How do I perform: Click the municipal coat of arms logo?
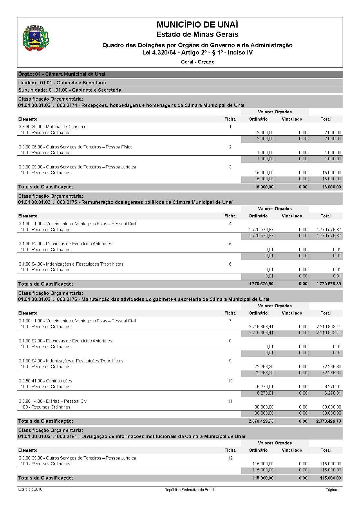[36, 39]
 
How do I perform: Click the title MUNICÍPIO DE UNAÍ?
[197, 24]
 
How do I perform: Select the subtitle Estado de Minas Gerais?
[197, 35]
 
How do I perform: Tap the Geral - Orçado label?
[198, 62]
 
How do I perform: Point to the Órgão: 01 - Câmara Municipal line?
[61, 74]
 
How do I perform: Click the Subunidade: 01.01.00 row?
[70, 90]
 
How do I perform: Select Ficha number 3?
[230, 167]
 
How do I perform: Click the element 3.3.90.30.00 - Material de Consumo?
[53, 127]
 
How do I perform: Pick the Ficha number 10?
[230, 381]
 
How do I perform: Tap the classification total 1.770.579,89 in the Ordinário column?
[261, 284]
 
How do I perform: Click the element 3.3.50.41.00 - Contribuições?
[46, 381]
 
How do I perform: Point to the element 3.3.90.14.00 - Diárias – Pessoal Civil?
[54, 401]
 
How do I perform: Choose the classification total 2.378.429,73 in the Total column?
[329, 421]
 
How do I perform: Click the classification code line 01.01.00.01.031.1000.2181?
[131, 436]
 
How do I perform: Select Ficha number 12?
[230, 458]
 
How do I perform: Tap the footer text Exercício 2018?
[30, 489]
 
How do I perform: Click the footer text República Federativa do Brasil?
[189, 490]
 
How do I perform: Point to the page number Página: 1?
[333, 490]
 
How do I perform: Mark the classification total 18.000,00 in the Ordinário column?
[264, 187]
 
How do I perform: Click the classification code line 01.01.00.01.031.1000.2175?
[125, 202]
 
